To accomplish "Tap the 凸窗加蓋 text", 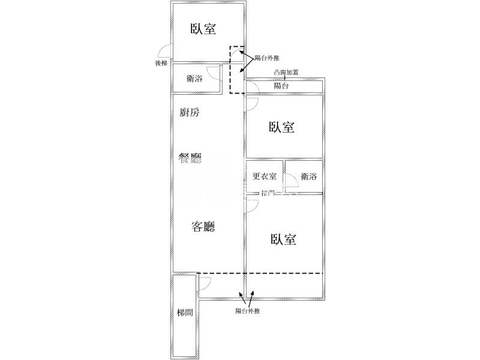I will (286, 73).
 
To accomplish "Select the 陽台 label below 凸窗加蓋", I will (281, 86).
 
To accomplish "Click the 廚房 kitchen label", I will (190, 112).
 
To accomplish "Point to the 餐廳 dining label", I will (190, 158).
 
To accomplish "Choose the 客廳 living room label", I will (203, 227).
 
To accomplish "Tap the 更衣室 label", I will (264, 176).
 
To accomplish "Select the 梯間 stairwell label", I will (185, 313).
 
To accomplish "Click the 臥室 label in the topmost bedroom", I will (203, 29).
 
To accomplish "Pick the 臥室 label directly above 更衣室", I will (281, 127).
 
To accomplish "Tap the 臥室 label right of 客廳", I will (284, 240).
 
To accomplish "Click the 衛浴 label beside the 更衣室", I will (309, 176).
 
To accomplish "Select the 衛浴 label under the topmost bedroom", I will (194, 79).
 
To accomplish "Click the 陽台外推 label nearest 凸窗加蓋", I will (267, 58).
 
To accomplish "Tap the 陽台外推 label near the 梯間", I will (247, 311).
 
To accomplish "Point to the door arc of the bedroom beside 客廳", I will (252, 206).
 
